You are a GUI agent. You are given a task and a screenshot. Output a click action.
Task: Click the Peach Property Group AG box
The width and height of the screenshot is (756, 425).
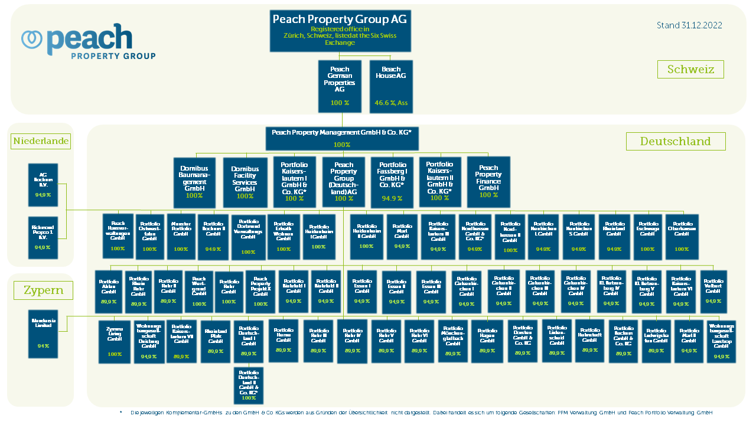[340, 31]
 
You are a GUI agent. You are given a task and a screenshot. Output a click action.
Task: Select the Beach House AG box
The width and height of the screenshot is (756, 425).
[391, 86]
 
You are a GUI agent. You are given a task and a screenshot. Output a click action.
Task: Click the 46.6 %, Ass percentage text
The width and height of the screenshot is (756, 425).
[391, 103]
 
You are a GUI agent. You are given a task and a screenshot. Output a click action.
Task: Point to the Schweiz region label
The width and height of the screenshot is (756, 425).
[690, 69]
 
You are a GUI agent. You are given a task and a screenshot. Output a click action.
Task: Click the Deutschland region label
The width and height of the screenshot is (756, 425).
[676, 142]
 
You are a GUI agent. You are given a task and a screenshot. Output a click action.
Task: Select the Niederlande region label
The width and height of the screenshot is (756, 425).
[41, 141]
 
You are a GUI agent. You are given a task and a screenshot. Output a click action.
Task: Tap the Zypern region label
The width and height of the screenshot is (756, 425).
[43, 290]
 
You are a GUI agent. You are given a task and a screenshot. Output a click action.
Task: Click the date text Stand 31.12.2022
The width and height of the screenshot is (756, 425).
[689, 25]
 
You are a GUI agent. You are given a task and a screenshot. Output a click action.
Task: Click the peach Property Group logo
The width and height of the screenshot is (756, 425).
[89, 42]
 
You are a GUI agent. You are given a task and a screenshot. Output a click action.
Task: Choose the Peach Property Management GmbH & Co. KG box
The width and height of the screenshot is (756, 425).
[341, 138]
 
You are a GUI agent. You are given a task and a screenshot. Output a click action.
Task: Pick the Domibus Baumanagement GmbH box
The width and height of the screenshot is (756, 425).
[194, 182]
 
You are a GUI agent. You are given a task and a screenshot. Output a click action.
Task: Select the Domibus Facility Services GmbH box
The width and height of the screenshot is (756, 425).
[245, 182]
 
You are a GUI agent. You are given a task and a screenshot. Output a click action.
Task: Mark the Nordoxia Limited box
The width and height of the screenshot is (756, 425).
[43, 334]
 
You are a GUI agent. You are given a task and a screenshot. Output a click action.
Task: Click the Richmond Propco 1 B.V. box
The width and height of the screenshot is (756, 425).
[43, 237]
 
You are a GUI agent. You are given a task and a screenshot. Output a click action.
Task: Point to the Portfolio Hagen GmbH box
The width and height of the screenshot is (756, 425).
[487, 341]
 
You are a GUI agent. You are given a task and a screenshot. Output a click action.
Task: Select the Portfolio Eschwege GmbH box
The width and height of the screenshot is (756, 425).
[648, 236]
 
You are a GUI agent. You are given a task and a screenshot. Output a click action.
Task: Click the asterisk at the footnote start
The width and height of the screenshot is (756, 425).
[120, 413]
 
